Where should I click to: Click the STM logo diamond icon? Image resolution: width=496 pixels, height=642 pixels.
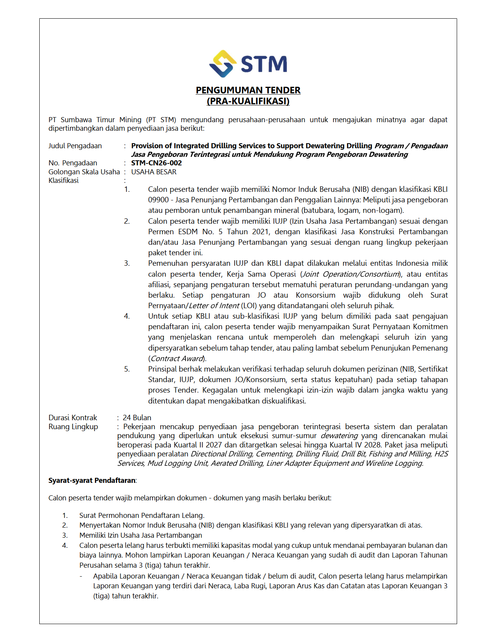[223, 64]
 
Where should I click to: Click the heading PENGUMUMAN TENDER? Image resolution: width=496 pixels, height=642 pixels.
[248, 90]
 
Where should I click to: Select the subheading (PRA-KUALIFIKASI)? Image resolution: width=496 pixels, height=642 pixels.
[248, 101]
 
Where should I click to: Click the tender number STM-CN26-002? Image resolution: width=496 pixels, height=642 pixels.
[156, 163]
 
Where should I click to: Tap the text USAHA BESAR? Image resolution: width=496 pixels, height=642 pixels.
[154, 172]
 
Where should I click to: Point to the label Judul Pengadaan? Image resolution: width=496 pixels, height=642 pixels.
[75, 146]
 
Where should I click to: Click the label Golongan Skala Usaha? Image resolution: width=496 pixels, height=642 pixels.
[84, 172]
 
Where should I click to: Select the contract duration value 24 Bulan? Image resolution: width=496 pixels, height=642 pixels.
[137, 417]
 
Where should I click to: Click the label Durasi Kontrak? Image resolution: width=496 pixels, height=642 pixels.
[73, 417]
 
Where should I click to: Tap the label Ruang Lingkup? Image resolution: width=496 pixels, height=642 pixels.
[73, 427]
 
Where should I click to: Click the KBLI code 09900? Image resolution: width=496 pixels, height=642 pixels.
[158, 200]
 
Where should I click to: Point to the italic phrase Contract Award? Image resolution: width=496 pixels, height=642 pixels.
[177, 359]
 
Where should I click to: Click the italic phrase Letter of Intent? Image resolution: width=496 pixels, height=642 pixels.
[214, 306]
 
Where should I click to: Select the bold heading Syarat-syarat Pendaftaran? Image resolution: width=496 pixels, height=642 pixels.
[92, 481]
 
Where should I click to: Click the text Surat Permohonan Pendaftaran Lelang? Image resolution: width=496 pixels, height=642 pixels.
[142, 516]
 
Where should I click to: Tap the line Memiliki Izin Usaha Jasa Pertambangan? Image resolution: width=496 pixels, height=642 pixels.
[140, 535]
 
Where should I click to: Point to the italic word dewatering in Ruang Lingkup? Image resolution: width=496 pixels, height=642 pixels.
[339, 436]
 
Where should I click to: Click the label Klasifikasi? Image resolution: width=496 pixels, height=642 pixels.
[63, 181]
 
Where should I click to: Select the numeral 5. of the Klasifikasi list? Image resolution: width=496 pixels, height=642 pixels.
[127, 369]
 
